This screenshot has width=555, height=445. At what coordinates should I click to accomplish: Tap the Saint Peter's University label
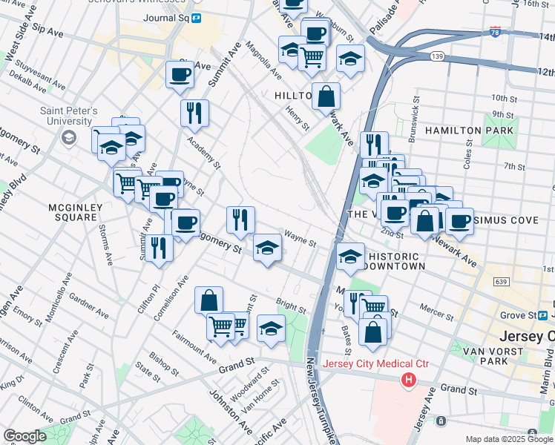point(70,116)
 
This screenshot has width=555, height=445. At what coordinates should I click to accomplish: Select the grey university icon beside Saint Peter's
point(69,137)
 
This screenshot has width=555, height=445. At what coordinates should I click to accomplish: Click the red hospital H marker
point(407,380)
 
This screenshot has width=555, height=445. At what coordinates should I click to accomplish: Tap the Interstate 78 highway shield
point(495,32)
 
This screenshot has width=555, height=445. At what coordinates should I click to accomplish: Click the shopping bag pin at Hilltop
point(326,96)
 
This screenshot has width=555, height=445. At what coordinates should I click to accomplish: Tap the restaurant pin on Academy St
point(194,113)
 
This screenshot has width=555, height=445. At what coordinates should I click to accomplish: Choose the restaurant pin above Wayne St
point(240,220)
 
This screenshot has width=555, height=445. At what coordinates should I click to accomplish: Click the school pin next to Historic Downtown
point(349,257)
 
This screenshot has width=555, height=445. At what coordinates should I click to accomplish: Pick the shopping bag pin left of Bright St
point(209,300)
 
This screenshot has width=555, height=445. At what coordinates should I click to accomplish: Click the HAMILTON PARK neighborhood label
point(469,131)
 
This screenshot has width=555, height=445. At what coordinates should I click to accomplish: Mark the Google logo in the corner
point(24,436)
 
